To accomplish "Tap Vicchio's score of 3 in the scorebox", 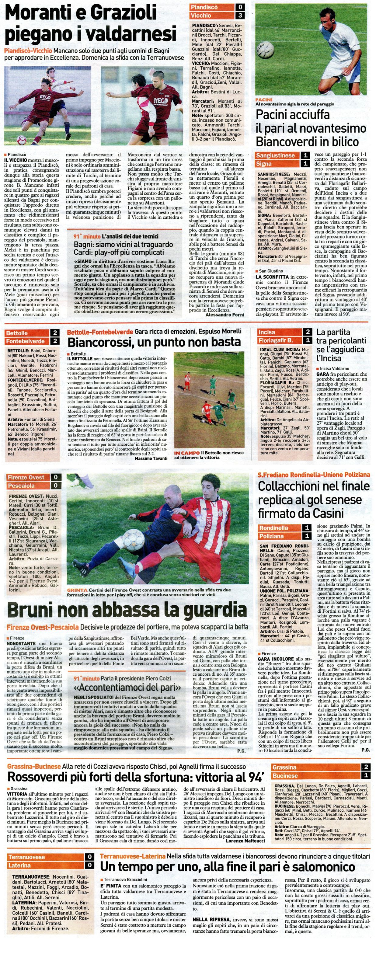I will tap(240, 16).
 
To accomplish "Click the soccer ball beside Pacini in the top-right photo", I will tap(265, 50).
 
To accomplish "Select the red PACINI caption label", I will tap(264, 99).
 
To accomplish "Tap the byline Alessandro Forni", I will tap(225, 315).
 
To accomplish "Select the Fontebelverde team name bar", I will tap(26, 341).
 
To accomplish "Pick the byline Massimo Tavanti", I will tap(151, 458).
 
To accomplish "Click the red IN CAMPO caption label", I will tap(187, 453).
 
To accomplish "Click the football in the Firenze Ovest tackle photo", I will tap(133, 540).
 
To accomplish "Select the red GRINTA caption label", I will tap(77, 590).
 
